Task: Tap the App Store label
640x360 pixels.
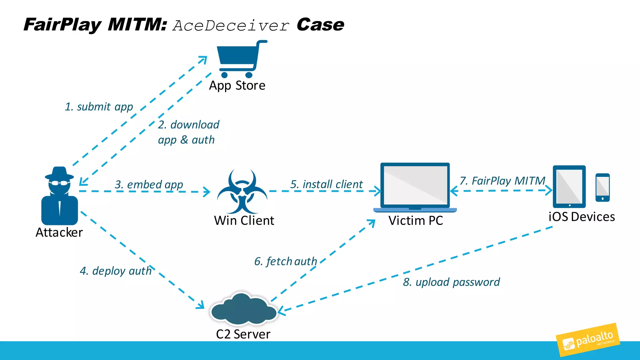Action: (237, 86)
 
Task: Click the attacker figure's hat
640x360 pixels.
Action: (59, 173)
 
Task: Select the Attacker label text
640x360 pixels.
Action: (59, 232)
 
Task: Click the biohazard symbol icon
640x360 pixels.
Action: (242, 191)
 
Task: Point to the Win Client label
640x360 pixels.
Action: (244, 221)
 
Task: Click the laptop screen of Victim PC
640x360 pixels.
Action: (415, 185)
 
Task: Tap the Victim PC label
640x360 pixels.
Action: (416, 221)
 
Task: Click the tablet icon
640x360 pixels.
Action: (569, 187)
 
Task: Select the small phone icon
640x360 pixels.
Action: (602, 187)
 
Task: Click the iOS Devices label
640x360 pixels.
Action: (582, 217)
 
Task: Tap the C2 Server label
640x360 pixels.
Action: (243, 334)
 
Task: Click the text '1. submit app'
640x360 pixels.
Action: (99, 107)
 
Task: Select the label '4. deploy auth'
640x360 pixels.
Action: (116, 271)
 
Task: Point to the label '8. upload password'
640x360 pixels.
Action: (451, 282)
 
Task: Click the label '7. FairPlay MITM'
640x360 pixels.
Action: (502, 181)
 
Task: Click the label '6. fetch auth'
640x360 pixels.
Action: (286, 261)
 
